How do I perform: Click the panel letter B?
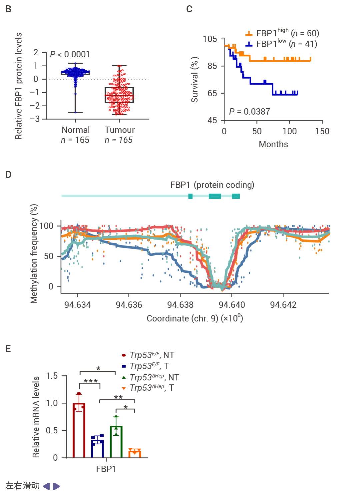click(x=9, y=9)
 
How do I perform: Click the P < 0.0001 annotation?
click(x=70, y=54)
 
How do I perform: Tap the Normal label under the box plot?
click(x=76, y=130)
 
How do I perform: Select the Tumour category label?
click(x=120, y=130)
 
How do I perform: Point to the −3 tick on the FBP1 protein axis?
click(x=35, y=119)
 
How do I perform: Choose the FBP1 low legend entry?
click(x=281, y=44)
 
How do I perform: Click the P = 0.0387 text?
click(x=249, y=112)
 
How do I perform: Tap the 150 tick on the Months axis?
click(x=322, y=131)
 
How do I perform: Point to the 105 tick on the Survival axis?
click(x=210, y=39)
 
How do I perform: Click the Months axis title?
click(x=273, y=144)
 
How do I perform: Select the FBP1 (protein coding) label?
click(x=212, y=185)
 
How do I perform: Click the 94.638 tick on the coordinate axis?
click(x=180, y=305)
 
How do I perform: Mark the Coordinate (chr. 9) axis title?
click(x=195, y=319)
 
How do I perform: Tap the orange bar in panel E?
click(x=135, y=454)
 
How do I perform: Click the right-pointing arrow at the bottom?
click(x=57, y=486)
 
